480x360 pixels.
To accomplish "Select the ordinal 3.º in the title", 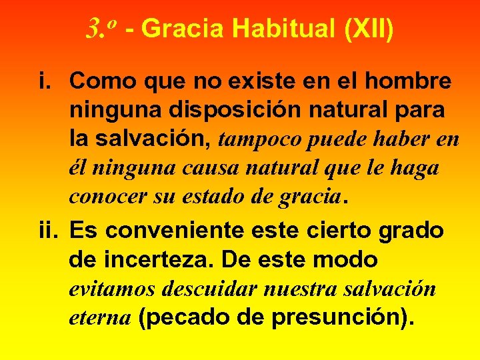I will (x=102, y=28).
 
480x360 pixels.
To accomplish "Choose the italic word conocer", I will (x=105, y=197).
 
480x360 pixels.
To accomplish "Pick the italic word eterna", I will (x=99, y=318).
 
